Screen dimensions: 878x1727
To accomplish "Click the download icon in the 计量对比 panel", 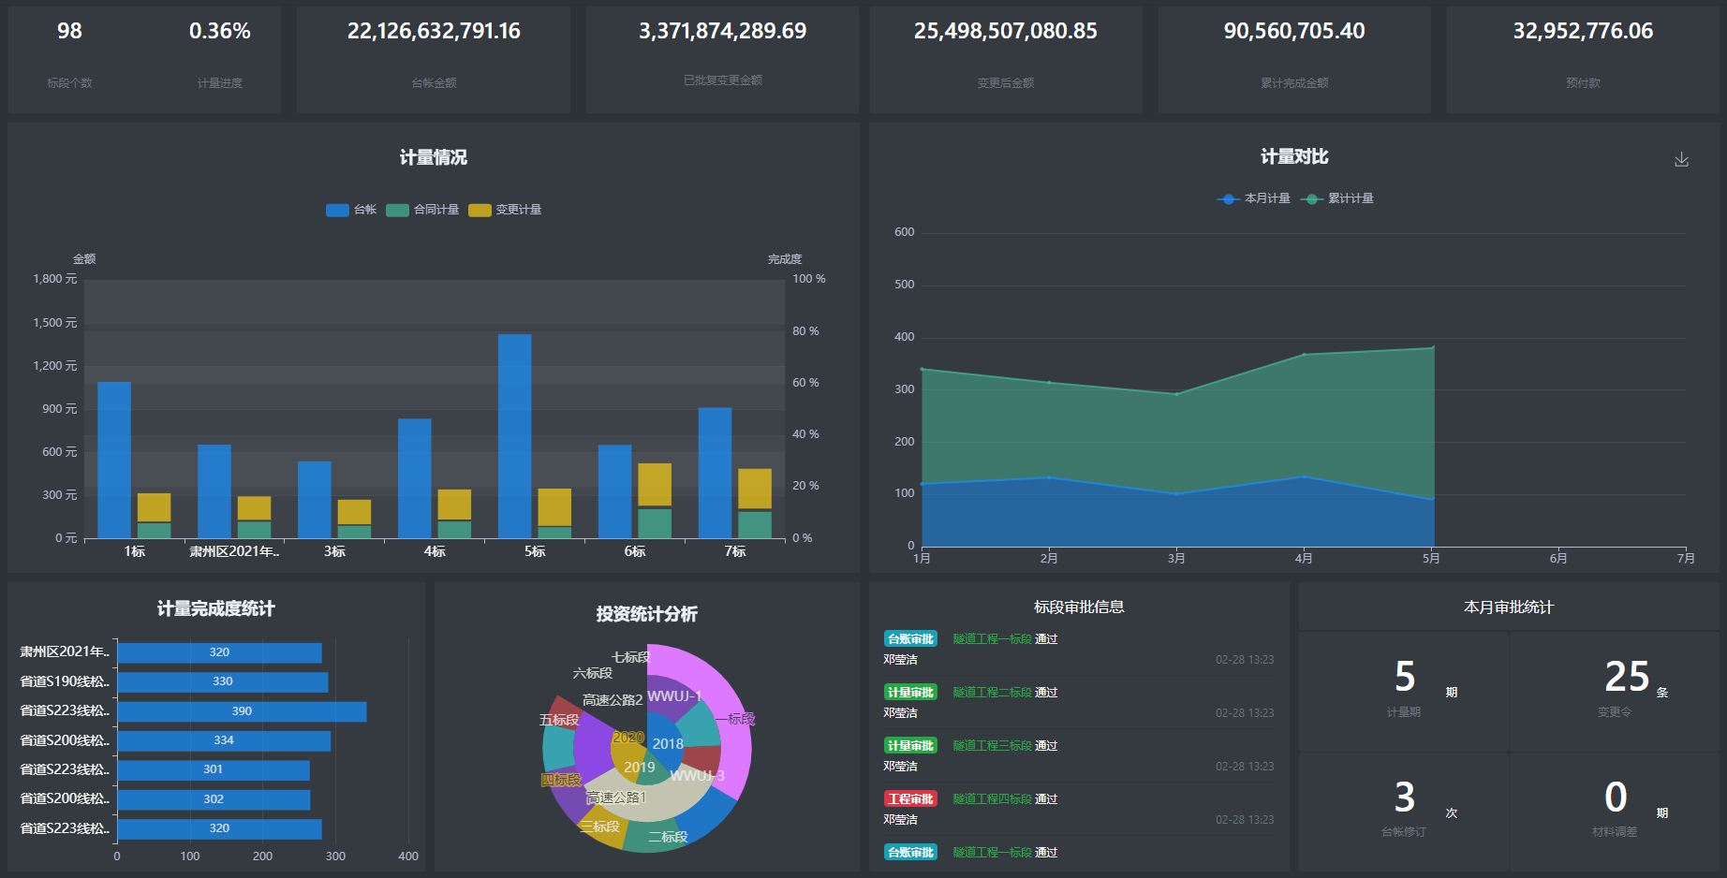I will coord(1681,160).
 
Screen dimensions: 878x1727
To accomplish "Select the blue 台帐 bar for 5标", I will coord(514,435).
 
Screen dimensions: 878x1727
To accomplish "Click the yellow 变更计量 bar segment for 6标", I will coord(655,484).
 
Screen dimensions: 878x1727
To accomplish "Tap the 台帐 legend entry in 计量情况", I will coord(351,210).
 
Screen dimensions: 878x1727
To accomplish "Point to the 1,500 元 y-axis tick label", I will coord(54,323).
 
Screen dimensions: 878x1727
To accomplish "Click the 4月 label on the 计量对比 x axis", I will coord(1303,559).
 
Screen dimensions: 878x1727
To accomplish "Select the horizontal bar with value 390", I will coord(242,711).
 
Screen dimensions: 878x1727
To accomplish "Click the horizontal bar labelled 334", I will coord(224,740).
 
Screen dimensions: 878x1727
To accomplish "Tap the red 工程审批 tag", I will coord(910,799).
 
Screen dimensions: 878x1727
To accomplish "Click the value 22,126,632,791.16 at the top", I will coord(434,32).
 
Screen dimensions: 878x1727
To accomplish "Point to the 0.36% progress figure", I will coord(219,32).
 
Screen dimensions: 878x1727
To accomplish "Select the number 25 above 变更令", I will coord(1626,677).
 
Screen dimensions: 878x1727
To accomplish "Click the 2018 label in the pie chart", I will coord(668,744).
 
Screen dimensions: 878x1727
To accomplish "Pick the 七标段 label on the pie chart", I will coord(629,657).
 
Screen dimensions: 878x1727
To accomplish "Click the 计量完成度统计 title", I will coord(215,609).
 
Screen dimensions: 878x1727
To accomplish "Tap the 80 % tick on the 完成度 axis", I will coord(805,331).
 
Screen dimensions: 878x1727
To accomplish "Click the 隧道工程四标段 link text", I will coord(992,799).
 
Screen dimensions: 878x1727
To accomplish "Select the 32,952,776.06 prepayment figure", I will coord(1583,32).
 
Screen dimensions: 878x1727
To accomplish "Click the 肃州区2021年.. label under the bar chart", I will coord(234,552).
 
